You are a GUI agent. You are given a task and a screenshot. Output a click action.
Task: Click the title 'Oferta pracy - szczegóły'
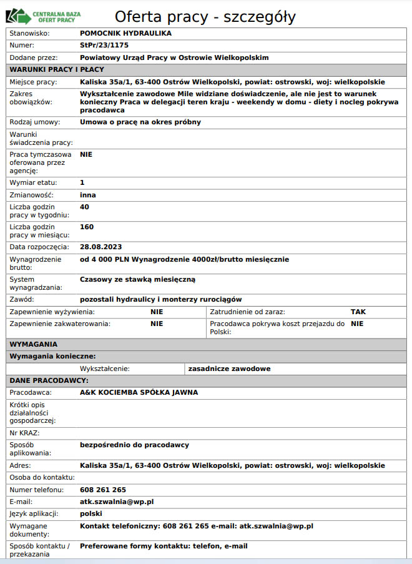205,17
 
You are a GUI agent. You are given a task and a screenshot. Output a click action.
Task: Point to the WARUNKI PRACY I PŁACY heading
57,69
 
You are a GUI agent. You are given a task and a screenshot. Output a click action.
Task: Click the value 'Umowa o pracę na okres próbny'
140,122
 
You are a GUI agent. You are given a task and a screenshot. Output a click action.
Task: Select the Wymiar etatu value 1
82,182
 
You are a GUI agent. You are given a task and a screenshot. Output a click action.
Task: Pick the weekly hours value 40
85,207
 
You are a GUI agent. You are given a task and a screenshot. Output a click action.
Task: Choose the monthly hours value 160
87,227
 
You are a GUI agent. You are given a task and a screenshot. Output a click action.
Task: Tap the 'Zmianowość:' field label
31,195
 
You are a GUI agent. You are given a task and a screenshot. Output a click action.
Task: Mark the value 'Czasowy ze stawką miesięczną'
138,279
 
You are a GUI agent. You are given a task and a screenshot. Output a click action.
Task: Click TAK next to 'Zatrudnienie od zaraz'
358,311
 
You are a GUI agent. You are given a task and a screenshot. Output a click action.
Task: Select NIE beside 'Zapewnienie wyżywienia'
157,311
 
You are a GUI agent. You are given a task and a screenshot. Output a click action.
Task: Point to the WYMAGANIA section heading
34,344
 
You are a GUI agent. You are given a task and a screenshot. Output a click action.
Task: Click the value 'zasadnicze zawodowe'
230,369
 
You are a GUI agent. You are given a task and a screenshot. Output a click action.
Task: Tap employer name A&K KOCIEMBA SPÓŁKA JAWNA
139,393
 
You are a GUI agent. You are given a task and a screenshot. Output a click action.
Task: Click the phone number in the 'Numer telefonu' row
103,490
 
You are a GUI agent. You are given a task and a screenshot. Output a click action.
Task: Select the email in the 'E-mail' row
117,502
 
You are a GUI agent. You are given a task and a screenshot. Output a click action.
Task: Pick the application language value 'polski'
91,513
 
